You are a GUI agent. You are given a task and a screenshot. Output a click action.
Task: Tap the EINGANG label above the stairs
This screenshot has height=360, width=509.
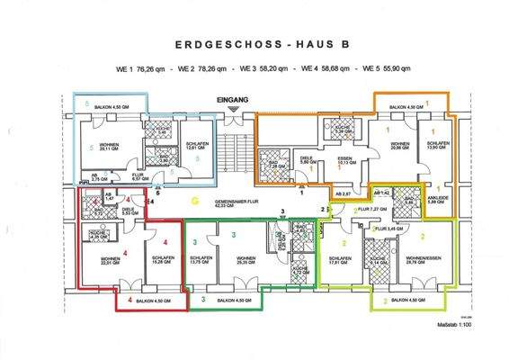232,100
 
